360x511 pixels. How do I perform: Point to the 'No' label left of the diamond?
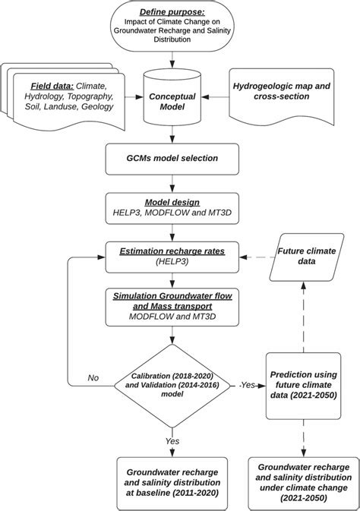pyautogui.click(x=93, y=377)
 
